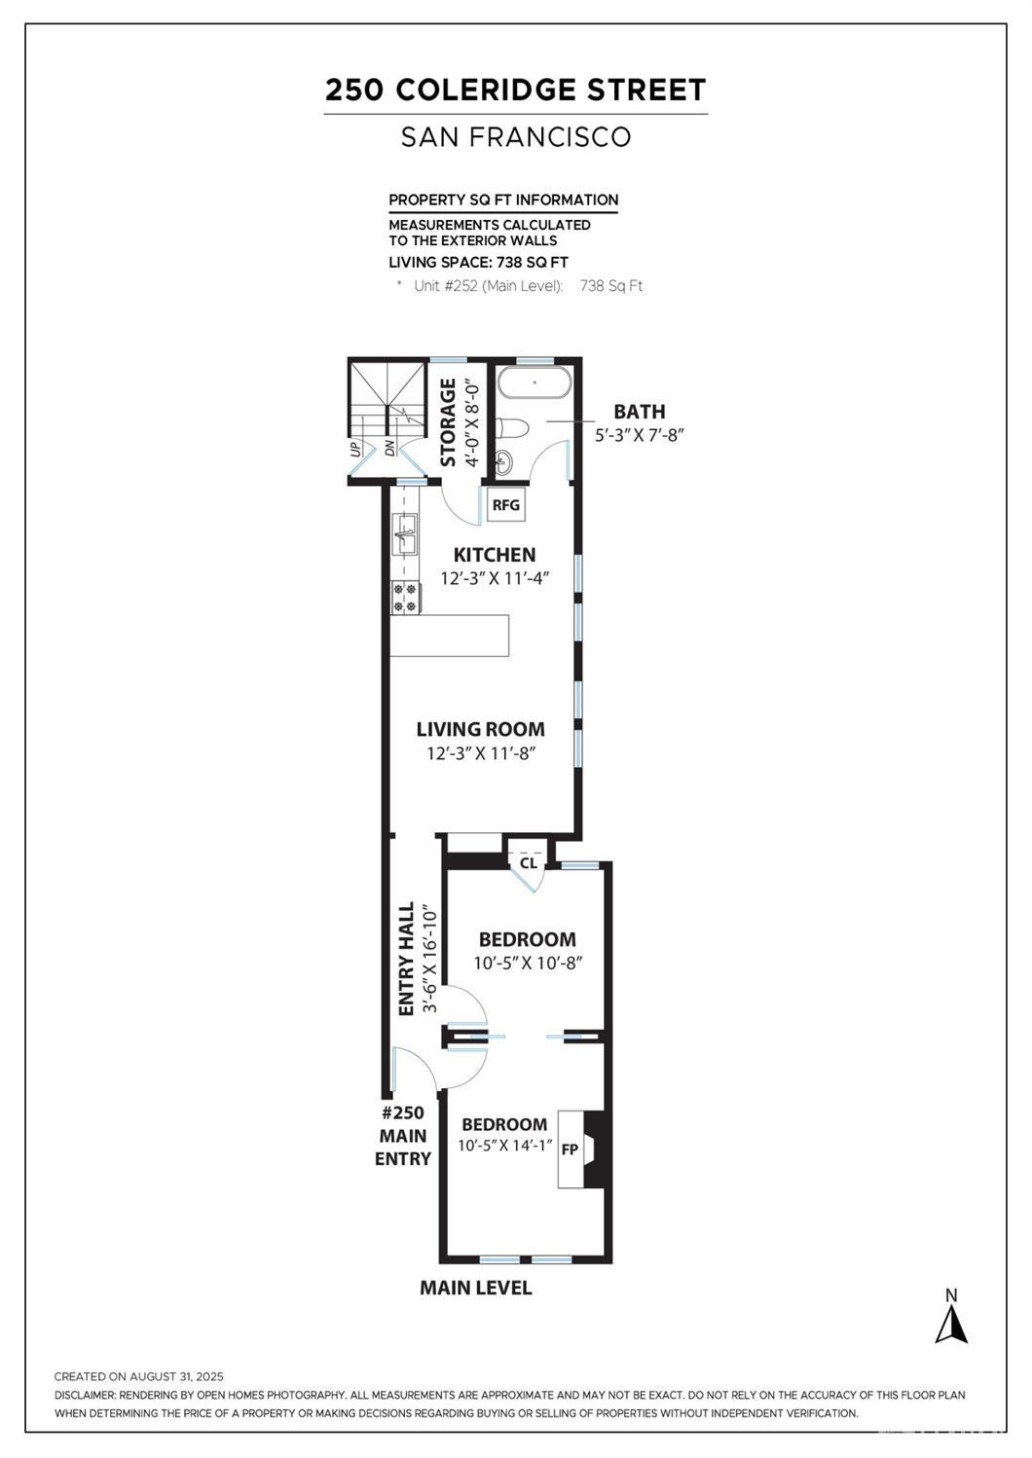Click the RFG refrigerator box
(x=506, y=504)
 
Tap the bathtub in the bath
(x=534, y=383)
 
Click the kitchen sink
(x=404, y=533)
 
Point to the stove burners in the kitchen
(x=404, y=598)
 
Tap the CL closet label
(x=529, y=863)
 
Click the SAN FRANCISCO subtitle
(x=516, y=136)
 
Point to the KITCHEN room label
(x=495, y=555)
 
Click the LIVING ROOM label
(x=481, y=729)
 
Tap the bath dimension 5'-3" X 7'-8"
(x=640, y=435)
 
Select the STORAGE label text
(x=448, y=422)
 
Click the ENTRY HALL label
(x=406, y=958)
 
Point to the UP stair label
(x=355, y=449)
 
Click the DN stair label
(x=389, y=449)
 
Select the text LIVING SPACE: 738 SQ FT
(x=479, y=263)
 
